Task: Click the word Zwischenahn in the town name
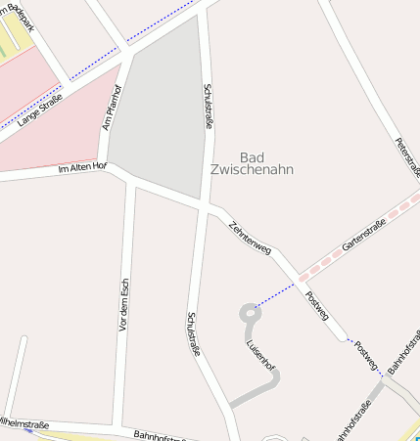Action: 252,169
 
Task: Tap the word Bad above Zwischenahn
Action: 252,156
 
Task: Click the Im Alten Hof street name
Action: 82,168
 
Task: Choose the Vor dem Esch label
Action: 123,304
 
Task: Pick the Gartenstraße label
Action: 363,235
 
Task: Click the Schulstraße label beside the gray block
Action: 208,107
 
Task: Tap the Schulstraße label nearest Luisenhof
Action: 193,333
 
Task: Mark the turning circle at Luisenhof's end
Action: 247,313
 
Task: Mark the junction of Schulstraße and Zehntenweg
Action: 202,203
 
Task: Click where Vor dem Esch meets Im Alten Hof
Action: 130,181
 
